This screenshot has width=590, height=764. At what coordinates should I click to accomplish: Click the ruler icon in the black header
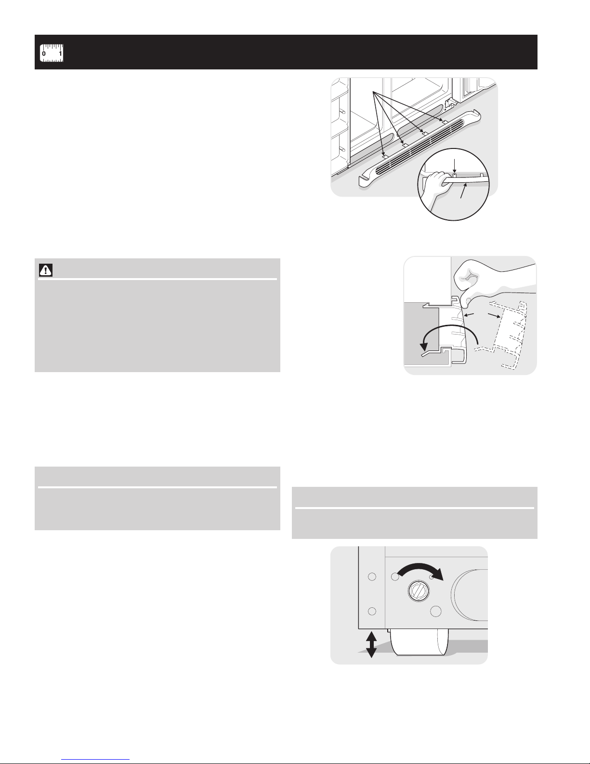51,53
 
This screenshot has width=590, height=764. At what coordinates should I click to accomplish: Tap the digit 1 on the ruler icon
60,54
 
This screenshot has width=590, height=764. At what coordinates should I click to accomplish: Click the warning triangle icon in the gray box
46,270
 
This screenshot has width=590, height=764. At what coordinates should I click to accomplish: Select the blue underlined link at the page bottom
95,759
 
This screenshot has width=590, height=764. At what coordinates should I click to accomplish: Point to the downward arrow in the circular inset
455,166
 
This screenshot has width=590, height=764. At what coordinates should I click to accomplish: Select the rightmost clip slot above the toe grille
444,122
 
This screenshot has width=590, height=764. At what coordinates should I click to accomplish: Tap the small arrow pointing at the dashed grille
495,315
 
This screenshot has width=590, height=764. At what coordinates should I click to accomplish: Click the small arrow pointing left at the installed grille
469,314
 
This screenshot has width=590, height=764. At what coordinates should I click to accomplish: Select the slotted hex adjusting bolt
418,590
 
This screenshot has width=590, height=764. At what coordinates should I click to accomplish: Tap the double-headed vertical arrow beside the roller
371,644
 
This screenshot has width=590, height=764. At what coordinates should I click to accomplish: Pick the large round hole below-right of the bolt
436,611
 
